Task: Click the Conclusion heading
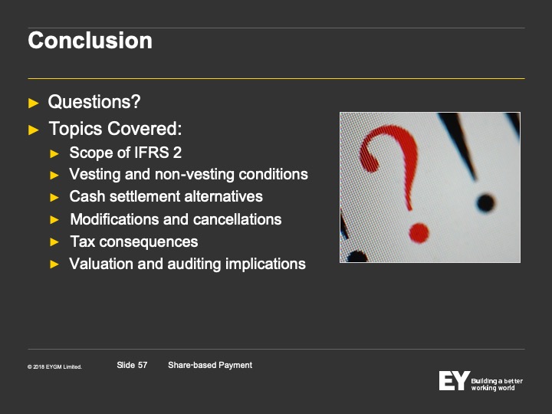pyautogui.click(x=90, y=41)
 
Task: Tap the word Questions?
pyautogui.click(x=94, y=102)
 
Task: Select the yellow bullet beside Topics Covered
pyautogui.click(x=34, y=130)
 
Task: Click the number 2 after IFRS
pyautogui.click(x=177, y=153)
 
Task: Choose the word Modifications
pyautogui.click(x=114, y=219)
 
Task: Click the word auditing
pyautogui.click(x=194, y=264)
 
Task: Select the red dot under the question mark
pyautogui.click(x=419, y=233)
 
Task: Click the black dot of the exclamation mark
pyautogui.click(x=485, y=203)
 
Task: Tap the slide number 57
pyautogui.click(x=143, y=365)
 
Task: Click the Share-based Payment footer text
pyautogui.click(x=210, y=365)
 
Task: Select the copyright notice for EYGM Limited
pyautogui.click(x=54, y=366)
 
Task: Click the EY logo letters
pyautogui.click(x=454, y=380)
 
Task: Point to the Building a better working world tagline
pyautogui.click(x=497, y=384)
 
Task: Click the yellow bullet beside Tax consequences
pyautogui.click(x=54, y=242)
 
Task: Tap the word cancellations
pyautogui.click(x=237, y=219)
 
